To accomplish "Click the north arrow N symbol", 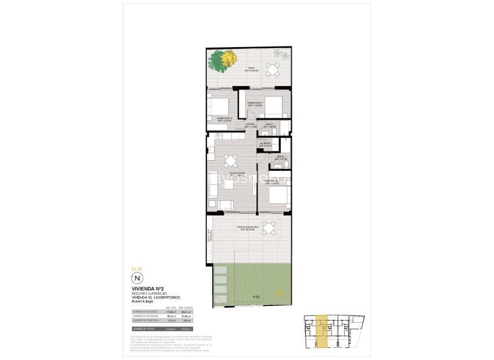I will [x=137, y=279].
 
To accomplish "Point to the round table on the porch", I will [x=269, y=228].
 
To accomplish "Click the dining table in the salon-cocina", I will [x=231, y=161].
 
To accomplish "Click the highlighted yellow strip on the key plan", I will [x=322, y=333].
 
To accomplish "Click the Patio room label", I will [x=251, y=69].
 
